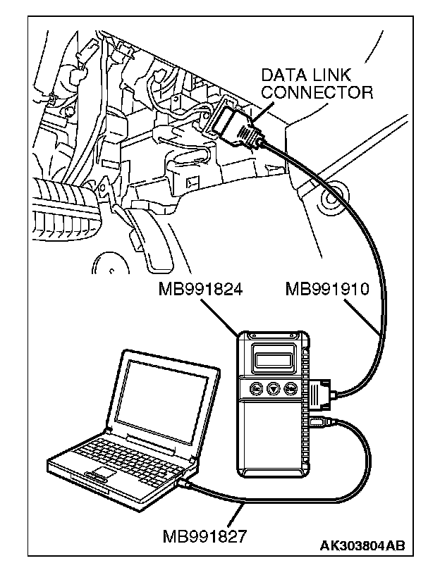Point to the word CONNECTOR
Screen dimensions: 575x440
pyautogui.click(x=317, y=92)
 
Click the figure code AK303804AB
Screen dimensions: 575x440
pyautogui.click(x=362, y=546)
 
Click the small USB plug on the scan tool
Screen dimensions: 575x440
pyautogui.click(x=315, y=421)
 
